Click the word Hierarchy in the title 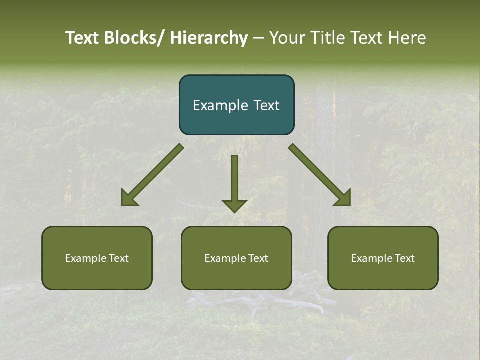(x=209, y=38)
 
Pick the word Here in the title (x=407, y=38)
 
